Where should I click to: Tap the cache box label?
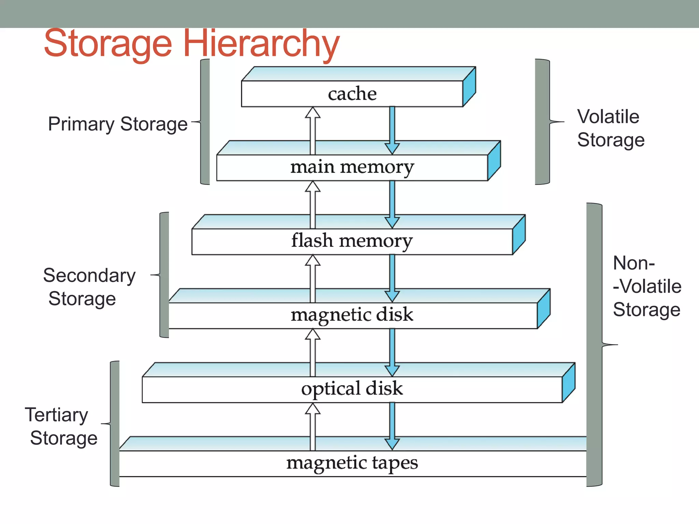coord(352,93)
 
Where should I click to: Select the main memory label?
coord(352,167)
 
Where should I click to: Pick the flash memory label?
coord(352,241)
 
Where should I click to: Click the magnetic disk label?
coord(352,315)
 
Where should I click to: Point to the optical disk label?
coord(352,389)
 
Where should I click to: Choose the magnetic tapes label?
coord(352,463)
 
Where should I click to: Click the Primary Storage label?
coord(118,124)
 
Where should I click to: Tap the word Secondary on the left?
coord(89,276)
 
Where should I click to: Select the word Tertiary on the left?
coord(57,415)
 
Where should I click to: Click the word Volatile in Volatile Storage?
coord(608,117)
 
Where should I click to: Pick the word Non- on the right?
coord(634,263)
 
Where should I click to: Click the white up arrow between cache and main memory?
coord(313,130)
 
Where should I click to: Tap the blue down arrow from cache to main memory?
coord(392,130)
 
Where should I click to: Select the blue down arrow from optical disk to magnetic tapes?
coord(392,425)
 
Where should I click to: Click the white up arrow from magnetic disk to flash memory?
coord(313,278)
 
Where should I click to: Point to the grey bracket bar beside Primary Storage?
coord(205,122)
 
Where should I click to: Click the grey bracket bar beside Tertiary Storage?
coord(115,424)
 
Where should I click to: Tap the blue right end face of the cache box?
coord(469,87)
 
